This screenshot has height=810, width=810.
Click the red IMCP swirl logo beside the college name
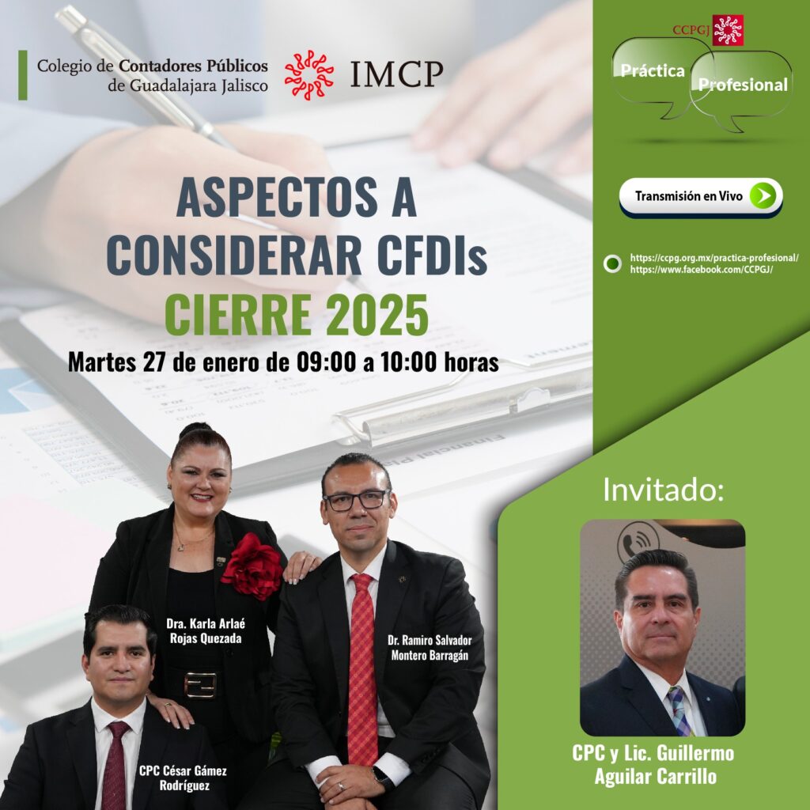point(308,75)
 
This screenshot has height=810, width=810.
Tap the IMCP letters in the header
point(396,74)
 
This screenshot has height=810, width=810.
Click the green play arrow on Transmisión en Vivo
point(763,196)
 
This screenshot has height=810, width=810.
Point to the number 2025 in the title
point(377,315)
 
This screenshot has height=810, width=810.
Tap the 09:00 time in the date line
point(326,362)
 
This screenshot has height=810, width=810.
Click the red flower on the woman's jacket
point(252,566)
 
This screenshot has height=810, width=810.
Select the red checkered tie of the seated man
point(362,669)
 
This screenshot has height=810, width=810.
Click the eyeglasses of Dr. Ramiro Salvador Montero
point(357,500)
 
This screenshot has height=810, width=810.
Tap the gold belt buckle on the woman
point(200,685)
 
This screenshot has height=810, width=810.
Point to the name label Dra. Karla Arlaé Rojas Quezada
point(206,630)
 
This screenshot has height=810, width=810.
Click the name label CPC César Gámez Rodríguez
point(184,778)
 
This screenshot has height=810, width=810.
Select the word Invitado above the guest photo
point(664,490)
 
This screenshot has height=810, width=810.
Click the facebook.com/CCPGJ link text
point(701,270)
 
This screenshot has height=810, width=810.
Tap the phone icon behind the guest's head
point(638,541)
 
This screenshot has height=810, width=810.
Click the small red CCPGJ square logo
point(728,30)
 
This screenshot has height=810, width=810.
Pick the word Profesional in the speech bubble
point(743,85)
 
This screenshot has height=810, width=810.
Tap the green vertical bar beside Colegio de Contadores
point(23,75)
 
